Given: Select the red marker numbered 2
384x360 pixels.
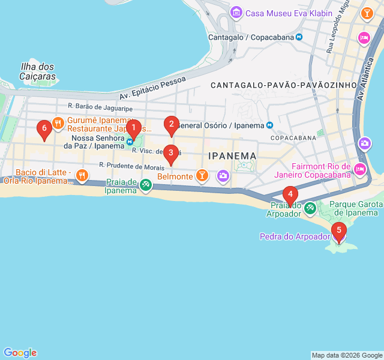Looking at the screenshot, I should pos(172,125).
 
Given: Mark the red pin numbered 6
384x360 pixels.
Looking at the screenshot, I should pos(43,128).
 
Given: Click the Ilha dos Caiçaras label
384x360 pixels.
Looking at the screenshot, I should pos(38,71).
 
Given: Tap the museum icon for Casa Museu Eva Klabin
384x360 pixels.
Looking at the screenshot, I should pos(236,13).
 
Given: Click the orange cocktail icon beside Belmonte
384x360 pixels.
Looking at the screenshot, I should pos(203,176).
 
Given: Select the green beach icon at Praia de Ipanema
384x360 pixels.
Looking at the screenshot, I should pos(146,186).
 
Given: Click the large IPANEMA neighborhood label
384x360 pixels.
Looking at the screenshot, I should pos(232,156).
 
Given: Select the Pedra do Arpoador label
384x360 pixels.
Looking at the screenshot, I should pos(295,236).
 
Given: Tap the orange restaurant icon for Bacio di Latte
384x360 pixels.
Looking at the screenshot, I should pos(82,176).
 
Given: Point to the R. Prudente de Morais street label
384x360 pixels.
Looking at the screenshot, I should pos(131,166).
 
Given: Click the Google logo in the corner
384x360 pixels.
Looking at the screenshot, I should pos(20,353).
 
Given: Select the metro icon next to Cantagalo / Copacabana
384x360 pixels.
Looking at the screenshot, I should pos(299,37).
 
